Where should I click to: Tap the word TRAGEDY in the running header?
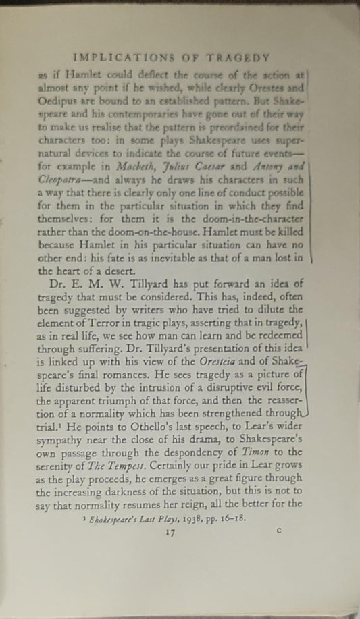tap(238, 59)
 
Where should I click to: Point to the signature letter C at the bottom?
tap(278, 531)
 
